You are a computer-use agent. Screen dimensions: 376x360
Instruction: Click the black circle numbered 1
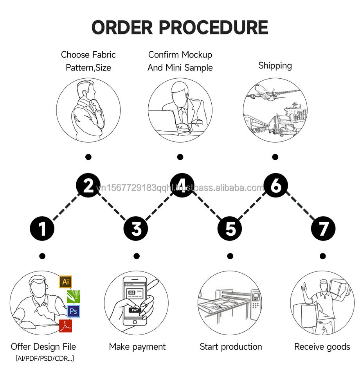(x=42, y=229)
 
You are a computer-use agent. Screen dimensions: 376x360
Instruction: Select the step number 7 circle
(x=323, y=229)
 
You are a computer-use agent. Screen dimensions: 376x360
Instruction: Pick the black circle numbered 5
(x=230, y=229)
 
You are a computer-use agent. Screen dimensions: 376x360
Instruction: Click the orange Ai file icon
(x=66, y=282)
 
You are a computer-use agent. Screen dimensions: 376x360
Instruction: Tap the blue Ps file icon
(x=73, y=311)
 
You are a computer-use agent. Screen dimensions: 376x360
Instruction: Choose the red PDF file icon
(x=65, y=325)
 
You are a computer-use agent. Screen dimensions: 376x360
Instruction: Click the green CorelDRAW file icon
(x=74, y=296)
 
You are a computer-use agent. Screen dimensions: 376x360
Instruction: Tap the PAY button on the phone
(x=134, y=310)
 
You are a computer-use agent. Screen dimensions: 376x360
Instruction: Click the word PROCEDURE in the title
(x=213, y=27)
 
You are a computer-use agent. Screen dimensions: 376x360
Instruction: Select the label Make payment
(x=137, y=347)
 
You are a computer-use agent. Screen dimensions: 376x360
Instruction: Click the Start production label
(x=230, y=347)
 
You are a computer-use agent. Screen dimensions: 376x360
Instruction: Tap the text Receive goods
(x=322, y=347)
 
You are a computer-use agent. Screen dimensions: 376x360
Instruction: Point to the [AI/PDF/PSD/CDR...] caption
(x=44, y=358)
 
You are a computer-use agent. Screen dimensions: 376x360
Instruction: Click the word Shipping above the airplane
(x=275, y=65)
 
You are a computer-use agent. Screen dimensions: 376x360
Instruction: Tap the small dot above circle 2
(x=88, y=157)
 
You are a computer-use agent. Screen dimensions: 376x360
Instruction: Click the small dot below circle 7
(x=322, y=256)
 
